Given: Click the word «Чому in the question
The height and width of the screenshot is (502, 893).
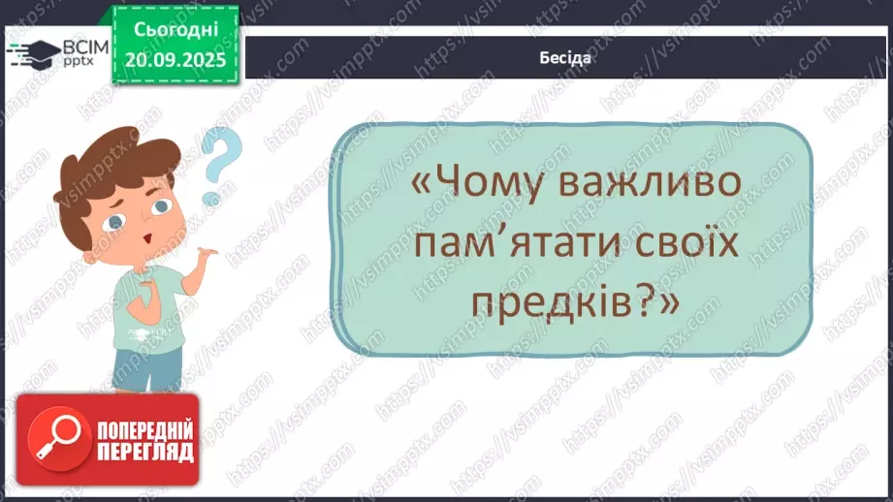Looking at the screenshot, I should [x=488, y=183].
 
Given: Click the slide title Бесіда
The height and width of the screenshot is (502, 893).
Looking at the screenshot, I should [x=565, y=57].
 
